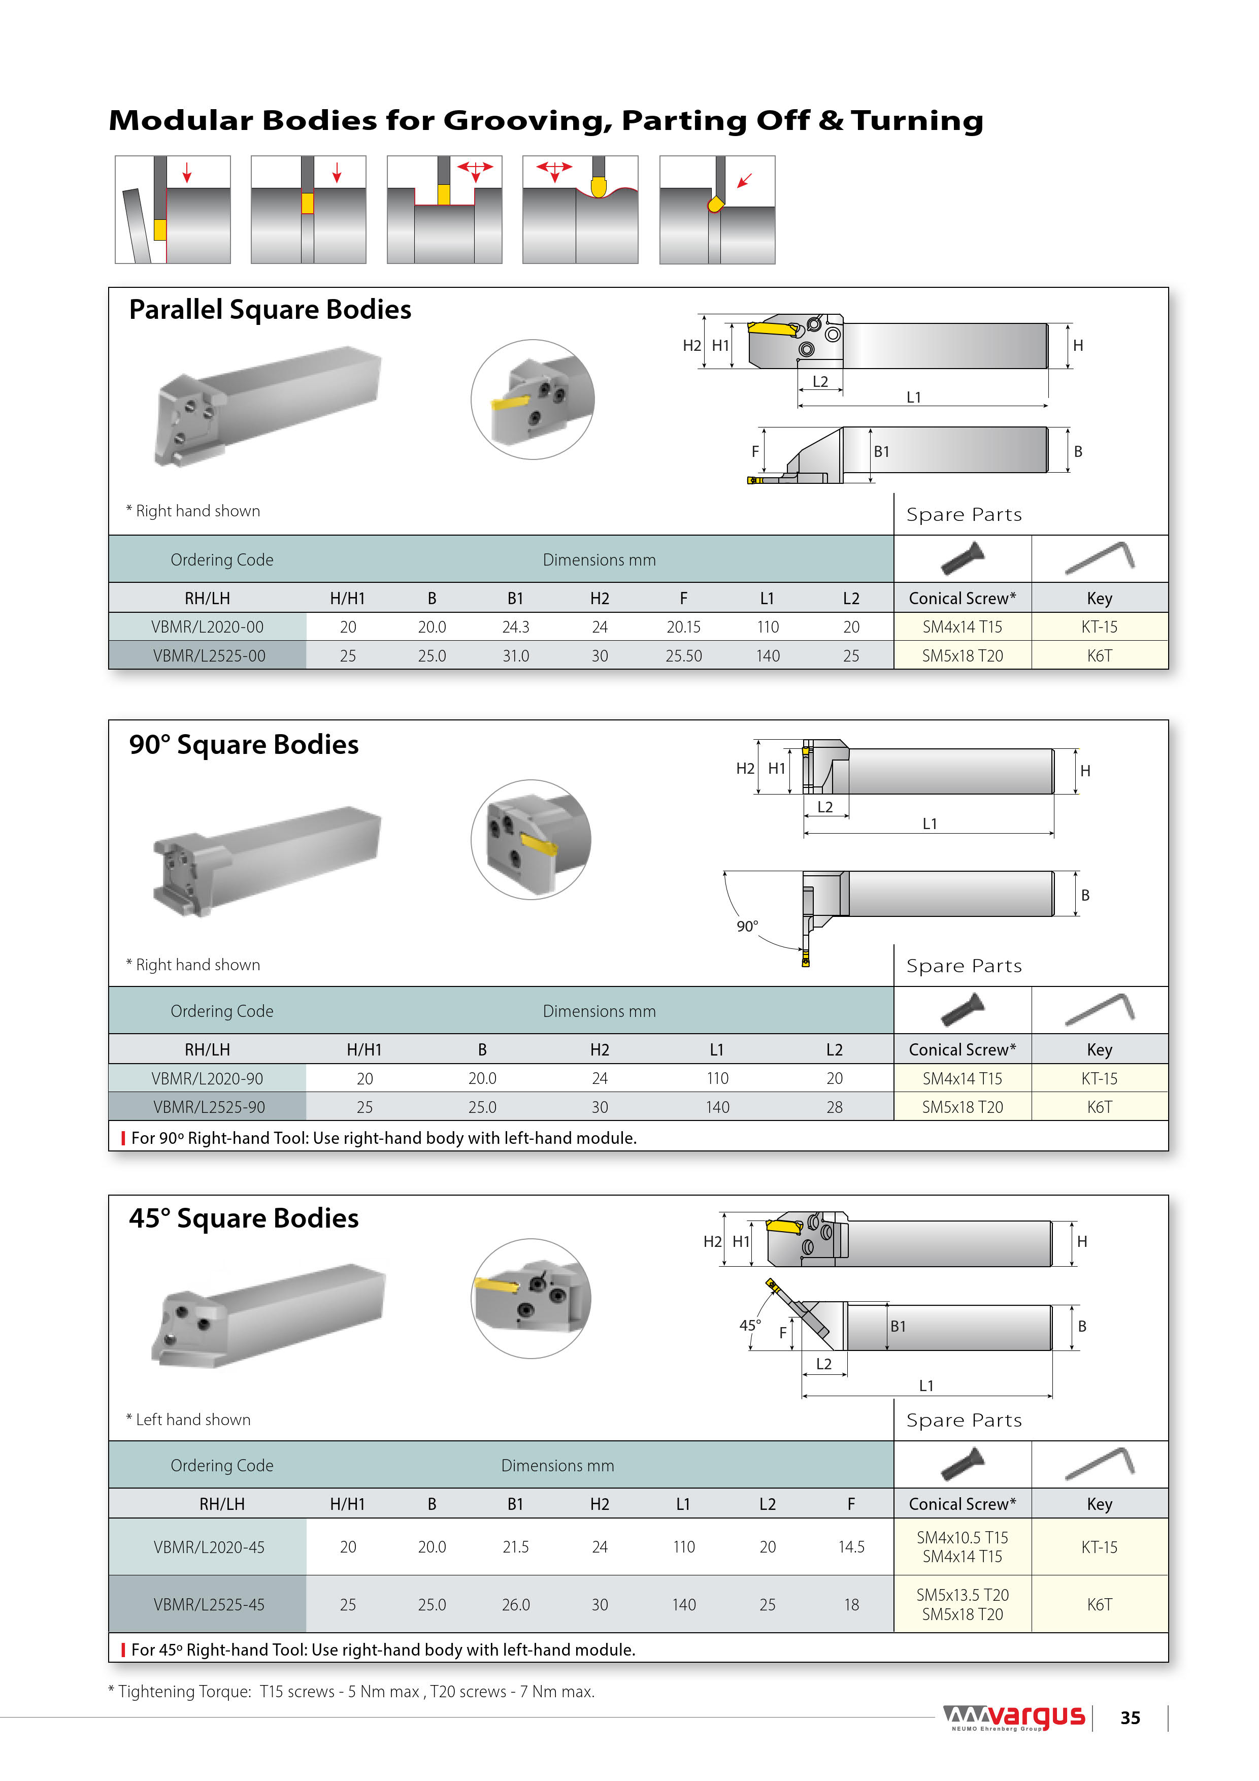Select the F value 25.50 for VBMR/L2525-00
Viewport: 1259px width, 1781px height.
[x=683, y=655]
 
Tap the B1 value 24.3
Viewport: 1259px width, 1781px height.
[x=515, y=627]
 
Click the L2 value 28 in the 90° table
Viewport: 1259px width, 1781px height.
[x=834, y=1107]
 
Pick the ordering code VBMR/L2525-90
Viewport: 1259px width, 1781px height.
[x=209, y=1107]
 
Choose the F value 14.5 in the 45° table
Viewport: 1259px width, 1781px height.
[x=851, y=1547]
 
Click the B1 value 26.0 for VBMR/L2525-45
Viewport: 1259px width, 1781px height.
[x=515, y=1604]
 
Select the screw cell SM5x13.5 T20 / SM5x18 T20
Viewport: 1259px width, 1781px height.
[x=962, y=1604]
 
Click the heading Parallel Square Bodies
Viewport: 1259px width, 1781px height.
[x=270, y=310]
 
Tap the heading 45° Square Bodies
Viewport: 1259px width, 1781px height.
[x=244, y=1218]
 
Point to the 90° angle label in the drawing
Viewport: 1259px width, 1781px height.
[x=747, y=926]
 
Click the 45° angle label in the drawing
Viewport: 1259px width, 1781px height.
[x=749, y=1325]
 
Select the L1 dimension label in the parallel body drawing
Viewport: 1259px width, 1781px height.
[x=914, y=397]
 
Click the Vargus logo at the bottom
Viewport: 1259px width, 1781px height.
[x=1013, y=1718]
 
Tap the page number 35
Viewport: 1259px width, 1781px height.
[x=1130, y=1718]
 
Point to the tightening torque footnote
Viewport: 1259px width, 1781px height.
[x=351, y=1691]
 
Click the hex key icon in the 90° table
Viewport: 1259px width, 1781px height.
[x=1099, y=1009]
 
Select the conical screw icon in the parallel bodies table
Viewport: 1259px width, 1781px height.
[x=962, y=558]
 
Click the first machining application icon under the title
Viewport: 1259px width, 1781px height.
[x=172, y=210]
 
